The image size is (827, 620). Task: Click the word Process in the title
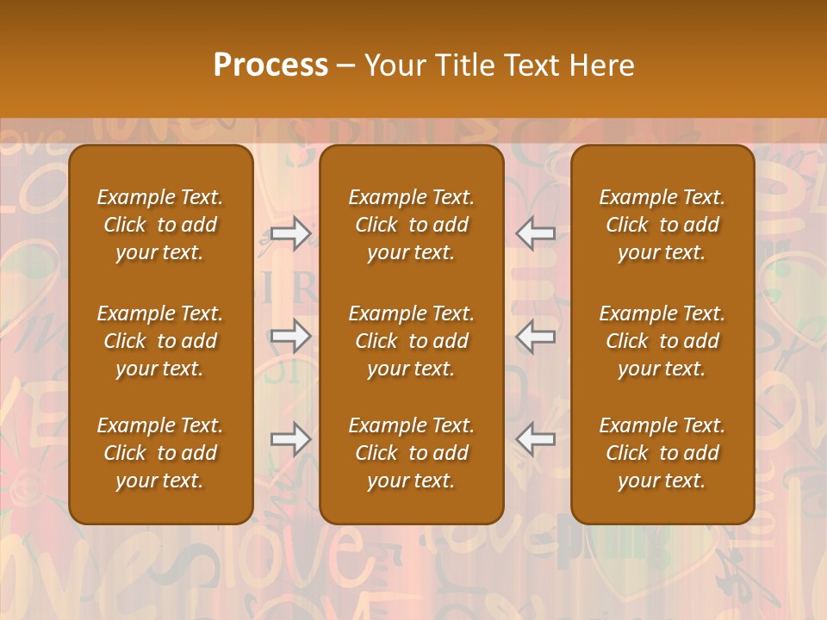(x=270, y=65)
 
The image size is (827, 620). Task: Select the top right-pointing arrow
(x=290, y=232)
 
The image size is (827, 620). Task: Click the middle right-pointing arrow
(x=290, y=336)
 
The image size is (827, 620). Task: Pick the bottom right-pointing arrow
(x=290, y=439)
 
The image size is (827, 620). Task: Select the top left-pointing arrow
(x=535, y=232)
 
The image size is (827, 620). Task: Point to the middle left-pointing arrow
(x=535, y=336)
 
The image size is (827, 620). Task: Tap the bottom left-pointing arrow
(x=535, y=439)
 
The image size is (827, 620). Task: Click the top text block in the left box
(x=160, y=225)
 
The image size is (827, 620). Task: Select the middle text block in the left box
(x=160, y=341)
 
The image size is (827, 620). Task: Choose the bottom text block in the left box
(x=160, y=453)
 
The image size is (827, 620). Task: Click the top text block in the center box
(x=412, y=225)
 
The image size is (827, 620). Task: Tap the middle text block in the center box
(x=412, y=341)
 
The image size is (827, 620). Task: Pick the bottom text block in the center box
(x=412, y=453)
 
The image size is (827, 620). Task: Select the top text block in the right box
(x=662, y=225)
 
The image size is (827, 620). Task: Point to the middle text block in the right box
(x=662, y=341)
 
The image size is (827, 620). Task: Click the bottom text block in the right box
(x=662, y=453)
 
